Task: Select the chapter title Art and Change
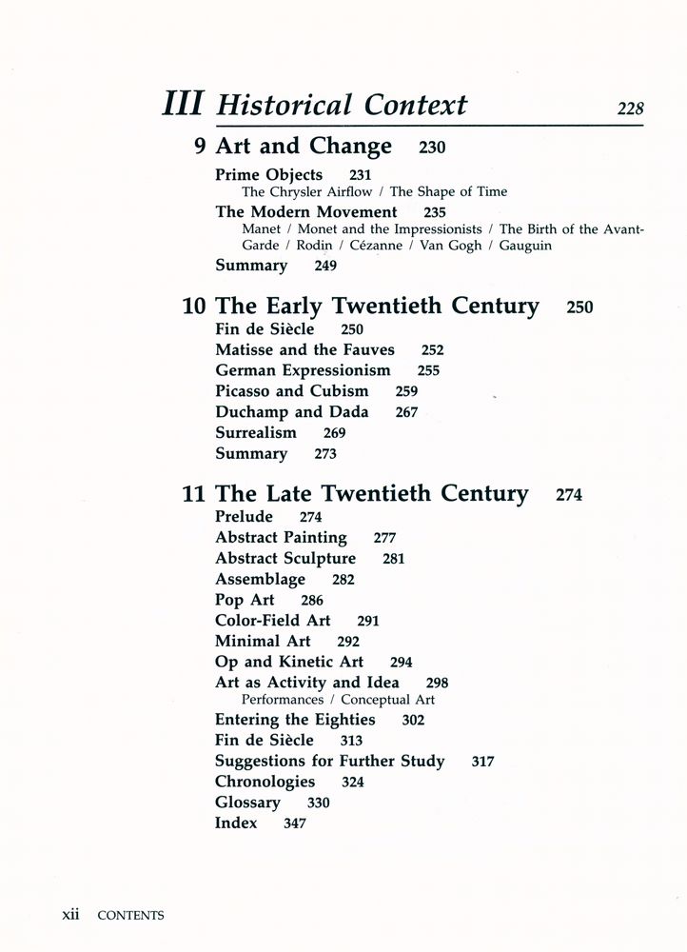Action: coord(304,147)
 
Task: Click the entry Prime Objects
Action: coord(268,175)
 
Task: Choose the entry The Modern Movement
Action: coord(305,212)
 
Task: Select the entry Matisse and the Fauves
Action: coord(304,349)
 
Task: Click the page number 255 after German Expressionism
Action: coord(428,371)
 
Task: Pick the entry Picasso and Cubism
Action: coord(291,391)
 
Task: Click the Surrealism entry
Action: coord(255,433)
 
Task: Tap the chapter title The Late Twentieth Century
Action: coord(371,494)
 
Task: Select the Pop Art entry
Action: coord(245,600)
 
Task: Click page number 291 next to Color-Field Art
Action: coord(368,622)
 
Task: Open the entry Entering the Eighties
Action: coord(295,720)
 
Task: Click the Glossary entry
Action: coord(247,803)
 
